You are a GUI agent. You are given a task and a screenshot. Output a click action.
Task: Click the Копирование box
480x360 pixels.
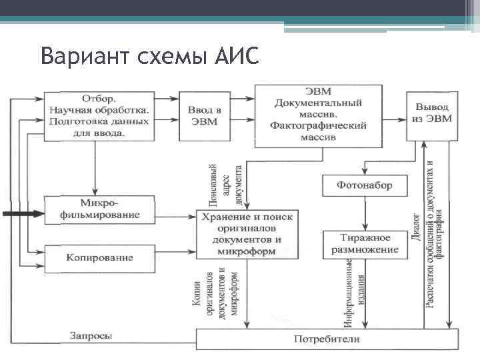pyautogui.click(x=99, y=257)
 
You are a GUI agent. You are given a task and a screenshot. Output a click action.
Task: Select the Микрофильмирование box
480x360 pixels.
pyautogui.click(x=99, y=209)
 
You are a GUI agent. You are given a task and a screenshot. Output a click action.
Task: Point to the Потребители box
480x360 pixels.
pyautogui.click(x=327, y=339)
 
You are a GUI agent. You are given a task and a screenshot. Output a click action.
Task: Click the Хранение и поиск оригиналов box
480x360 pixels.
pyautogui.click(x=248, y=233)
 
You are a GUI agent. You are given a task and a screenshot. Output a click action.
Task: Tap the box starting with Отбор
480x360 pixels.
pyautogui.click(x=99, y=115)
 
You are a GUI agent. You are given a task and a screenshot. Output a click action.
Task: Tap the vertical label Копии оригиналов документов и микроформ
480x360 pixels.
pyautogui.click(x=214, y=293)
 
